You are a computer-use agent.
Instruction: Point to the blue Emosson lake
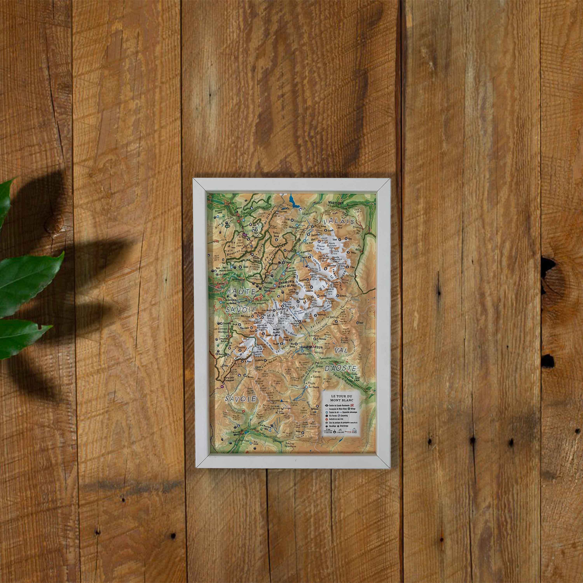click(293, 200)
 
